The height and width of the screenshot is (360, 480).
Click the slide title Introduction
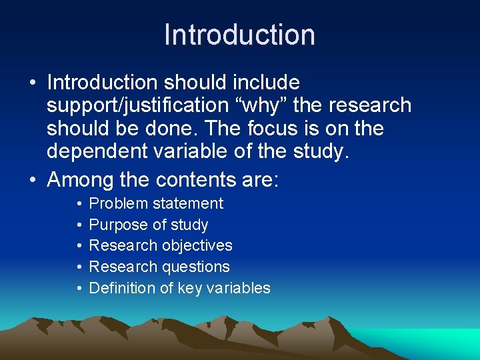tap(239, 35)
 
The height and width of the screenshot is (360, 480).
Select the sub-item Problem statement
tap(156, 203)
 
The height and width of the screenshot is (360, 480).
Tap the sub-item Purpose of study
tap(148, 225)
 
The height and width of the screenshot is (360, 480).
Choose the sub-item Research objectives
tap(161, 245)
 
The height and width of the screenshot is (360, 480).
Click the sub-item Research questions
tap(159, 267)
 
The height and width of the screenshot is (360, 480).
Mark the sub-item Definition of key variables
tap(179, 288)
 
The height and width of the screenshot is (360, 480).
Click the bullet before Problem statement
tap(79, 203)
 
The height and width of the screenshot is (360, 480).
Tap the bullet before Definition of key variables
tap(79, 288)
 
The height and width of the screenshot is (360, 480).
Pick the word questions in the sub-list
tap(198, 267)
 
